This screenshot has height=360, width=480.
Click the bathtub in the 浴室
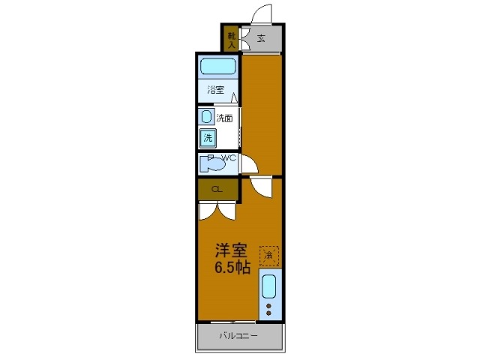218,67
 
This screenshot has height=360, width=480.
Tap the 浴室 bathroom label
216,90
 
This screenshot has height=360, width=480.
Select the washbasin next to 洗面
206,117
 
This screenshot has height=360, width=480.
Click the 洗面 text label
224,118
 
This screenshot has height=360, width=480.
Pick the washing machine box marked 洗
207,137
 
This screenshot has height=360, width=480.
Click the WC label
229,157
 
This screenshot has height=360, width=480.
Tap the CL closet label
216,189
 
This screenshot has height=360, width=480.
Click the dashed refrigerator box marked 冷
268,256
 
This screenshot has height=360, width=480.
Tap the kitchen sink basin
269,287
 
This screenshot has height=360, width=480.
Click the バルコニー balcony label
238,336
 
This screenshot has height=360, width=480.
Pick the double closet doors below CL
217,211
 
